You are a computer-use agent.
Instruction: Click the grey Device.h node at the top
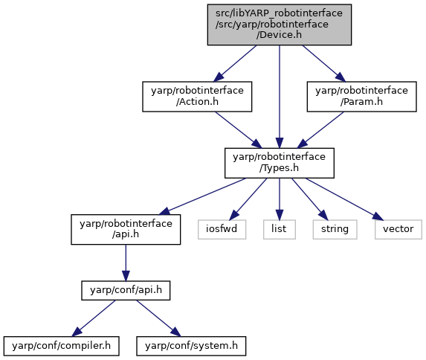coord(280,25)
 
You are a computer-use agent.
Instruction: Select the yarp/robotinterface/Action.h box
coord(197,97)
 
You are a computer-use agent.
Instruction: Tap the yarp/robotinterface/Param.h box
coord(361,97)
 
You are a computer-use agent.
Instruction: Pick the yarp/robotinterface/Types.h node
coord(280,163)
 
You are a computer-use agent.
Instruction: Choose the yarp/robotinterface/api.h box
coord(126,230)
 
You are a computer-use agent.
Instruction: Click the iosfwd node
coord(222,230)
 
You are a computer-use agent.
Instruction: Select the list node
coord(280,230)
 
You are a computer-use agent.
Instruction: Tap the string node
coord(335,230)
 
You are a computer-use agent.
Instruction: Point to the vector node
coord(398,230)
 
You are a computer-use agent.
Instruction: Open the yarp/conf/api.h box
coord(126,291)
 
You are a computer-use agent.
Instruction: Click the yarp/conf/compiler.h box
coord(62,346)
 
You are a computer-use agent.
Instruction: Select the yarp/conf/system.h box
coord(191,346)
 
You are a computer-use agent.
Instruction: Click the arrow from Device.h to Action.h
coord(235,63)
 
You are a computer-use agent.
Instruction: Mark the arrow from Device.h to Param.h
coord(324,63)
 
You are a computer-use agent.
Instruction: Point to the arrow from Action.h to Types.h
coord(239,130)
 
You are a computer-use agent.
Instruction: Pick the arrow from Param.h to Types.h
coord(320,130)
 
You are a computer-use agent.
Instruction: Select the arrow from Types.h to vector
coord(344,199)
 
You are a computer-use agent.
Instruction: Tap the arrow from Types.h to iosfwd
coord(248,199)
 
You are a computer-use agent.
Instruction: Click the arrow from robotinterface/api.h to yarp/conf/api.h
coord(126,263)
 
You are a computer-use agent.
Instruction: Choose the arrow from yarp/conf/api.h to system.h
coord(158,318)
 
